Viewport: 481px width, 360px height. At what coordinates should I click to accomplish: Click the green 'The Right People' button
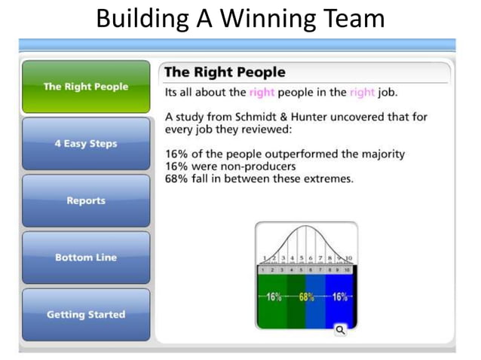[85, 87]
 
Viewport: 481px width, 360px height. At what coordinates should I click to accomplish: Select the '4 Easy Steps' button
[85, 144]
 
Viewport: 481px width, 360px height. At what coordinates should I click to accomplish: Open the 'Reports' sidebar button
[85, 201]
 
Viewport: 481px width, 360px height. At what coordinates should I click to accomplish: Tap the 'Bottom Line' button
[85, 258]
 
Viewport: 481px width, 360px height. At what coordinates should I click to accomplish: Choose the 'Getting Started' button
[85, 315]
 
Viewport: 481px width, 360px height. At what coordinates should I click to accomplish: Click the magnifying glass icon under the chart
[340, 329]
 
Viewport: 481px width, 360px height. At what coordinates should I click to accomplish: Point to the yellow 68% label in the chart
[306, 297]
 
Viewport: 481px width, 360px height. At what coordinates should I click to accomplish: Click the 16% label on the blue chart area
[339, 297]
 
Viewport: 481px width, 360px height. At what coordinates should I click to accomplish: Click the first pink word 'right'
[262, 93]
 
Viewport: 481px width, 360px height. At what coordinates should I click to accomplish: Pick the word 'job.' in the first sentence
[387, 93]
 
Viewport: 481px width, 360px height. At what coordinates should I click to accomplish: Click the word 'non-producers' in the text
[259, 166]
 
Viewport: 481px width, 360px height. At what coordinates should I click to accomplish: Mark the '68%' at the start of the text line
[177, 178]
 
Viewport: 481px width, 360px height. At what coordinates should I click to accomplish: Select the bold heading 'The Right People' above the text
[225, 72]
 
